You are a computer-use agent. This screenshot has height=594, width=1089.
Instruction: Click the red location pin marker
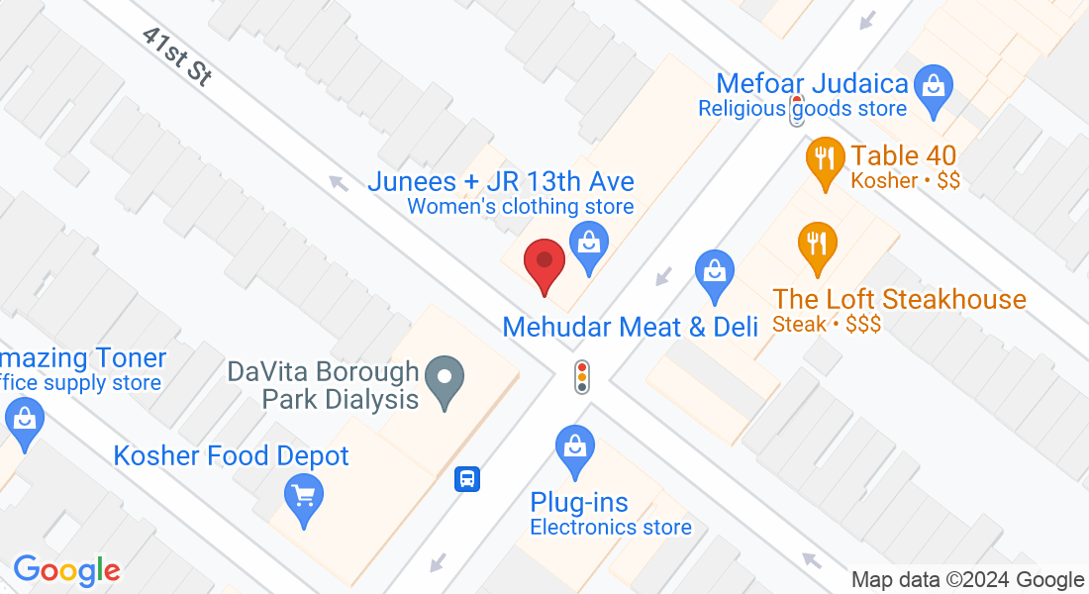coord(544,264)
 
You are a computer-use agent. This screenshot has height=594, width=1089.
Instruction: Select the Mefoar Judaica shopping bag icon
coord(932,83)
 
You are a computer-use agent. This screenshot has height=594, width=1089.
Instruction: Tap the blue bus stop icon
coord(467,480)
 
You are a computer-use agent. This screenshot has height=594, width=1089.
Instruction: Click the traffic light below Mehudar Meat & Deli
coord(582,376)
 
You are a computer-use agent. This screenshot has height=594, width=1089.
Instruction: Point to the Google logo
coord(66,570)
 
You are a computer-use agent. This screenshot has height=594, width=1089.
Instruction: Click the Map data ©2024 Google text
coord(967,580)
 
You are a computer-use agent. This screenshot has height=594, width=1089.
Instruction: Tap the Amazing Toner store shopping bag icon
coord(25,421)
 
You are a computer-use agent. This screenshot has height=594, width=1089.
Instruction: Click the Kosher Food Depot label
coord(231,456)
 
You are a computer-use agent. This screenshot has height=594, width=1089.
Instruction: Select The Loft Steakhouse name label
coord(899,299)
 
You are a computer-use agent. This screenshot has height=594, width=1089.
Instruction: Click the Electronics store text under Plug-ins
coord(610,528)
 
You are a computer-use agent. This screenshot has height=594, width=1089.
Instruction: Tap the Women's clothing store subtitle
coord(521,207)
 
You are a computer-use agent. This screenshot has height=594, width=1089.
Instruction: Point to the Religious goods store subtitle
coord(802,109)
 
